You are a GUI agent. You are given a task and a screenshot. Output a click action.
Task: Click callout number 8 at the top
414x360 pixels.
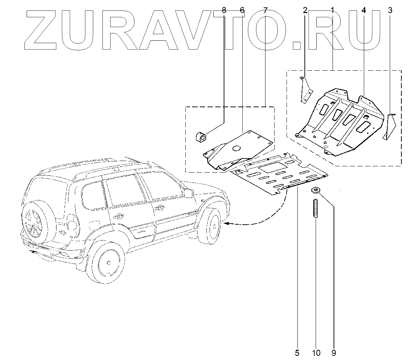pos(224,10)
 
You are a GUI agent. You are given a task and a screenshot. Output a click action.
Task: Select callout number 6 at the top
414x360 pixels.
pos(242,10)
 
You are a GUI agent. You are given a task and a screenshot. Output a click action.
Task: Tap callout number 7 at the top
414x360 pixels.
pos(265,10)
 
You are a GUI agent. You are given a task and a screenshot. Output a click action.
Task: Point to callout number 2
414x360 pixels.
pos(305,10)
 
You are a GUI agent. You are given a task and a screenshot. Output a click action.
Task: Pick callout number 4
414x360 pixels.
pos(363,10)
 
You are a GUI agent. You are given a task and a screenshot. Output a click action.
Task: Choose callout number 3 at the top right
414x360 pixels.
pos(390,10)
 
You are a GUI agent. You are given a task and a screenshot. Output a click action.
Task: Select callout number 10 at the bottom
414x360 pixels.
pos(316,352)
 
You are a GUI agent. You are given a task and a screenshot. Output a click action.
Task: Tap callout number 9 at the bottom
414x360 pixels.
pos(334,352)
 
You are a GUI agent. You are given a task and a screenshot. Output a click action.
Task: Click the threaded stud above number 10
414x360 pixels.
pos(315,208)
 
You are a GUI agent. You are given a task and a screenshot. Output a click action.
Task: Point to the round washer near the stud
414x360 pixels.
pos(315,191)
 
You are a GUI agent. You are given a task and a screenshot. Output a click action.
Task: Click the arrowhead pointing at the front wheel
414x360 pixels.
pos(226,223)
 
